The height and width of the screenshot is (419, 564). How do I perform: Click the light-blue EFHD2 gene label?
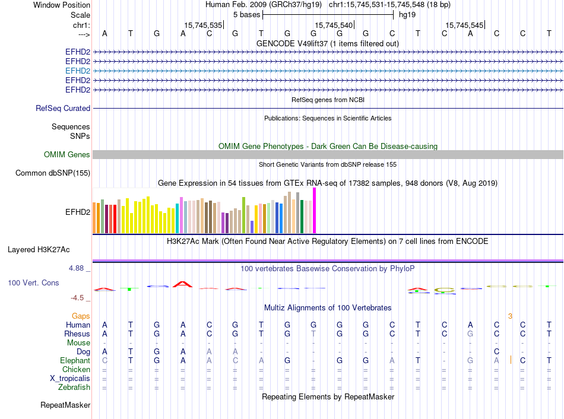78,71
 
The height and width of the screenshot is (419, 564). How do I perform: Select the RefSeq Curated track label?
63,109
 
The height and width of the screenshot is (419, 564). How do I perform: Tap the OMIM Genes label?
67,155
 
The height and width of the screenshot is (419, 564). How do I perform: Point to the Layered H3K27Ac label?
47,250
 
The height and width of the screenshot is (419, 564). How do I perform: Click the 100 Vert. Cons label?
33,283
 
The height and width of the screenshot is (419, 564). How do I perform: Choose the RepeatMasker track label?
65,405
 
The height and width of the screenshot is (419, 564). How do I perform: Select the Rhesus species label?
77,334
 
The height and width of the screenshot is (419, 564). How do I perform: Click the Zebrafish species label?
74,388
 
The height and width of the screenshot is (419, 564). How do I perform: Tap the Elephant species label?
75,361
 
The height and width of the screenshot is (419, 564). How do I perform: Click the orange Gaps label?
81,316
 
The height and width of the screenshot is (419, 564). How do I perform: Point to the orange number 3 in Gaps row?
510,316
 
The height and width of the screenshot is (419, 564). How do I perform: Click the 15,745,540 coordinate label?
334,26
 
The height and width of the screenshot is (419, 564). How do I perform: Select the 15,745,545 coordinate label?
464,26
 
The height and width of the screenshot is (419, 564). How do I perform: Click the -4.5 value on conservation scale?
78,298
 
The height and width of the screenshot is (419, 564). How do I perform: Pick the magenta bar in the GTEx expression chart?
315,211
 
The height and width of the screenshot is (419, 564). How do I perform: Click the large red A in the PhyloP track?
183,284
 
